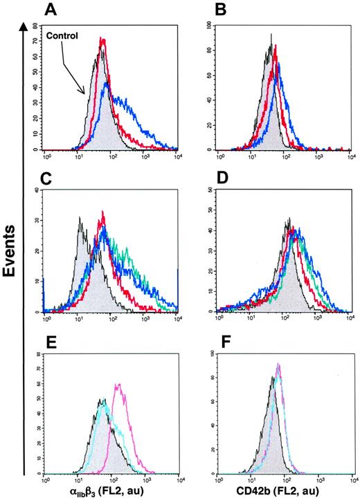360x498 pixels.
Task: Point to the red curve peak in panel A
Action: point(102,40)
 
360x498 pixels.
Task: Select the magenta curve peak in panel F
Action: point(278,365)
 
